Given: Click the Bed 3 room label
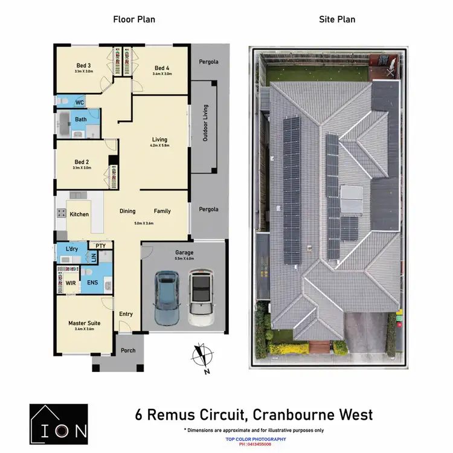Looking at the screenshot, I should pos(83,66).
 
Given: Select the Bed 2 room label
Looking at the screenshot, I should pos(82,162).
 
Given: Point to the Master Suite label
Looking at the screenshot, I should pos(84,323).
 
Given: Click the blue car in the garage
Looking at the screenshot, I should pos(166,298).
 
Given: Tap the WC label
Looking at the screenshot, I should pos(79,103).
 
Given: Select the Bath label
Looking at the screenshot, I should pos(81,120).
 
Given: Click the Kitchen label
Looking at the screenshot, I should pos(79,214).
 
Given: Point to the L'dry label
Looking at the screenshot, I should pos(71,249).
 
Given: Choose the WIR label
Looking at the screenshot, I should pos(71,283).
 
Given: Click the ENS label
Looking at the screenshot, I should pos(92,283).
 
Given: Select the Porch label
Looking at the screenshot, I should pos(128,350).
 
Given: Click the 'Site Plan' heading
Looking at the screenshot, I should pos(337,19).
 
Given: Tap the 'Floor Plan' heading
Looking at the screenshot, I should pos(134,19).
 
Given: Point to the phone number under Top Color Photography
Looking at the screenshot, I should pos(255,444).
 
